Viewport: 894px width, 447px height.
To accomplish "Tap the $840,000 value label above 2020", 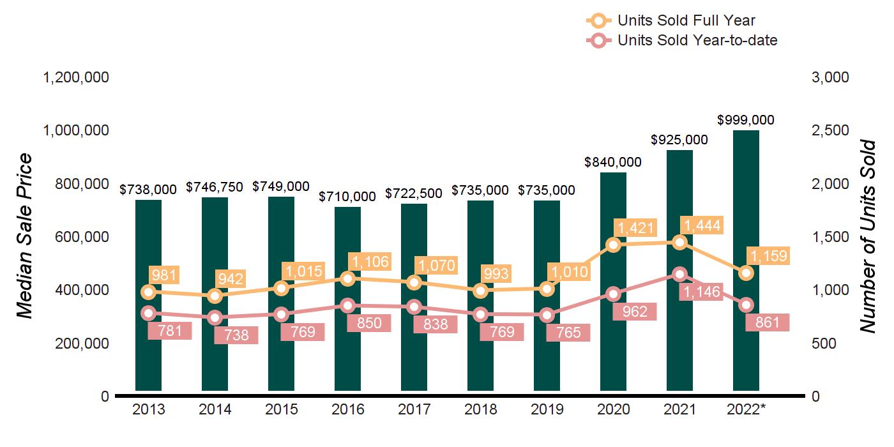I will [x=613, y=163].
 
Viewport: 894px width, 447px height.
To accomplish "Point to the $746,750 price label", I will [x=215, y=187].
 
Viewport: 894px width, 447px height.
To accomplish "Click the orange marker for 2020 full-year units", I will [x=613, y=245].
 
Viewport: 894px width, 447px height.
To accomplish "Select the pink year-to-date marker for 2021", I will [x=679, y=274].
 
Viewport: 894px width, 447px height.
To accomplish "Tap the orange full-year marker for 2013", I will [x=148, y=292].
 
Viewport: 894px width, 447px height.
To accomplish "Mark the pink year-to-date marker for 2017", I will [x=414, y=307].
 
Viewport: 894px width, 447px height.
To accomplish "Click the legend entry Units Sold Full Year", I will [x=686, y=20].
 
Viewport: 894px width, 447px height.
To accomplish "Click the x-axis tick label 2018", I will [x=480, y=410].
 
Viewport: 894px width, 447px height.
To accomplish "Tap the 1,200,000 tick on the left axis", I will [x=75, y=77].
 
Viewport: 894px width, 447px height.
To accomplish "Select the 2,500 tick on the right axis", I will [x=831, y=130].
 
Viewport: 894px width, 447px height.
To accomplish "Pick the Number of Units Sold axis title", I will [x=867, y=236].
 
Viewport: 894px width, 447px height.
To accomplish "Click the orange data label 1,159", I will [x=768, y=257].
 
